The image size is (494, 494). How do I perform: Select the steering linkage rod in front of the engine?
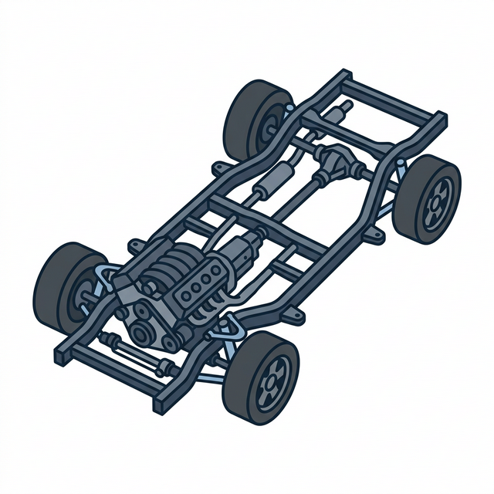tap(135, 352)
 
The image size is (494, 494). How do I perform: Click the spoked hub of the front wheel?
tap(272, 381)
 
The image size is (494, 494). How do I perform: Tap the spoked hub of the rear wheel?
tap(437, 200)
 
